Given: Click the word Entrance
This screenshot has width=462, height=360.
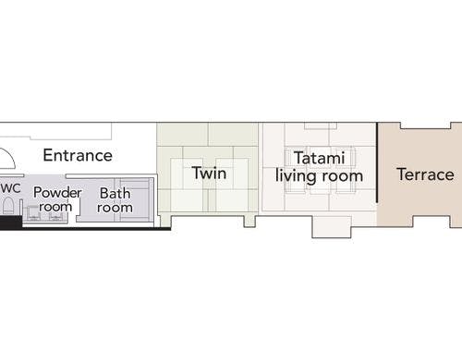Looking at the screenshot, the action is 78,155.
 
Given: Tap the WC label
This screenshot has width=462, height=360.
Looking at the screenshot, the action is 10,188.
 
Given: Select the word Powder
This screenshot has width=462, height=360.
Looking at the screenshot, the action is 57,193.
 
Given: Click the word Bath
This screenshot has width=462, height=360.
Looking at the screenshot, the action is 115,194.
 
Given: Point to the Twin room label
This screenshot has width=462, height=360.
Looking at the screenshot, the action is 209,173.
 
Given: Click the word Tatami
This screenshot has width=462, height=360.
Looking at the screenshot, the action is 319,158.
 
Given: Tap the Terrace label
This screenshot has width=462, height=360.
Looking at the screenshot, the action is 425,174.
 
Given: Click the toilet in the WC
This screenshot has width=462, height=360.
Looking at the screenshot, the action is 8,206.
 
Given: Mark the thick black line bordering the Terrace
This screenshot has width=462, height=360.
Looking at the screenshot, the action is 377,162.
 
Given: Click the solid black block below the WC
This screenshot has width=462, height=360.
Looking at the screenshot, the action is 11,222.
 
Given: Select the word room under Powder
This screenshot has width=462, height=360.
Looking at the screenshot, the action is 55,207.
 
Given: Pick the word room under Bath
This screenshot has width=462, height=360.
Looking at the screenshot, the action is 115,208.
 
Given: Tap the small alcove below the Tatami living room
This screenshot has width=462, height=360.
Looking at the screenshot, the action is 332,227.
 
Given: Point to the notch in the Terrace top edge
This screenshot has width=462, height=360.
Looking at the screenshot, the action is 425,126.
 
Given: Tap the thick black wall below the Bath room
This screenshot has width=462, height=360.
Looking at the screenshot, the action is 96,229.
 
